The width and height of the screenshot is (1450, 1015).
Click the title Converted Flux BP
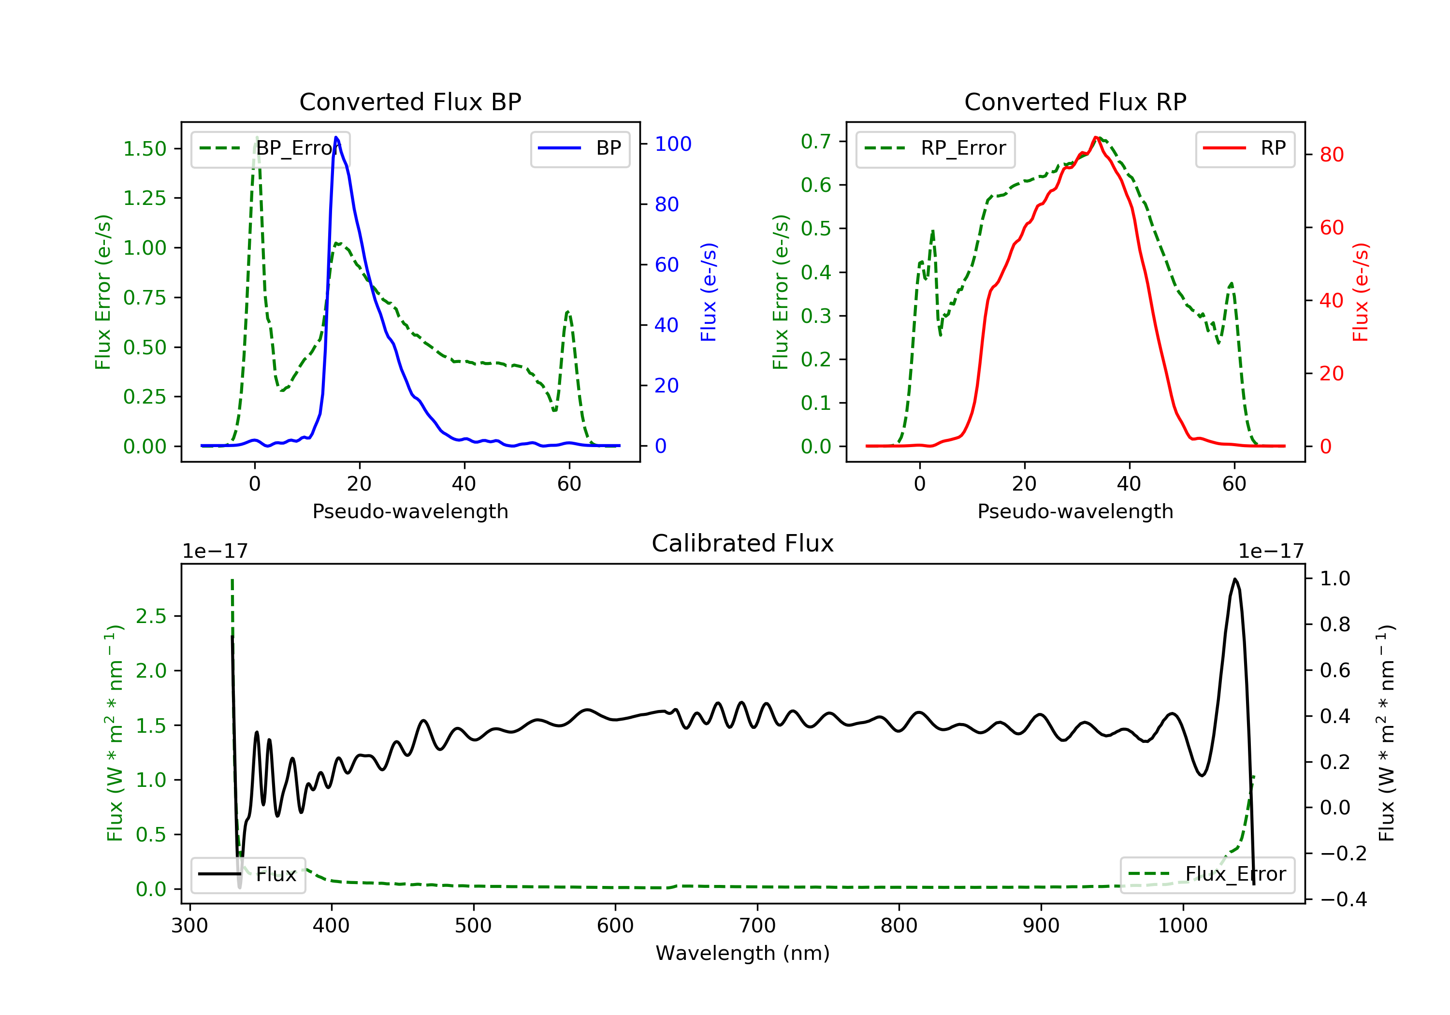click(x=410, y=101)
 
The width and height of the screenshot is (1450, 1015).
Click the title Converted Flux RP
click(x=1075, y=101)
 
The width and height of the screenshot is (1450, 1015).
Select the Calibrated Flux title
click(x=743, y=543)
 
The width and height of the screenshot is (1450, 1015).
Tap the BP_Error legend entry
click(x=270, y=148)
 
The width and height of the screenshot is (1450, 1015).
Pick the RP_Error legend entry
click(x=935, y=148)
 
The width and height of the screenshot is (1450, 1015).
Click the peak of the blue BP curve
click(x=336, y=137)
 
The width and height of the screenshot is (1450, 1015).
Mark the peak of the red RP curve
click(x=1096, y=137)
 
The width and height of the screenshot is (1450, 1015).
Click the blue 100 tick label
click(x=673, y=144)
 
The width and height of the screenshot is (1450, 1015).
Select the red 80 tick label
click(x=1332, y=155)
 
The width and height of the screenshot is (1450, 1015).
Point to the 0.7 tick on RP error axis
click(x=816, y=142)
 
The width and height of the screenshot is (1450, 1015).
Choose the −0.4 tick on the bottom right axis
click(x=1343, y=899)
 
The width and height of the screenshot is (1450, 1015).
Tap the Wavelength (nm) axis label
click(x=743, y=953)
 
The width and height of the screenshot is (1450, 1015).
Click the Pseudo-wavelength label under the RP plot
click(x=1075, y=511)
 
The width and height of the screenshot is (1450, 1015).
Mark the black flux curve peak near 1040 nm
click(x=1234, y=579)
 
